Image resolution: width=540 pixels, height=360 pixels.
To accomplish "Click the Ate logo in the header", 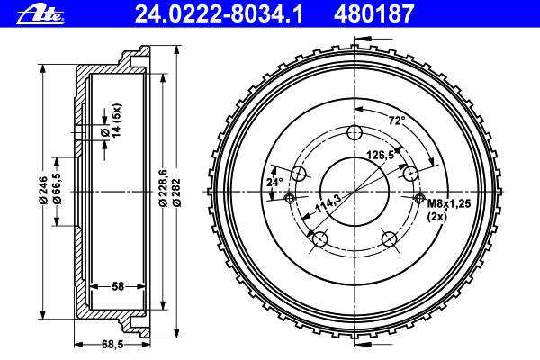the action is pos(40,14).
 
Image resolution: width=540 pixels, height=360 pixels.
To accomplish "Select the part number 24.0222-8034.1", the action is pos(219,14).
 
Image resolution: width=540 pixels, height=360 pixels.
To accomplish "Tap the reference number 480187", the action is pos(373,14).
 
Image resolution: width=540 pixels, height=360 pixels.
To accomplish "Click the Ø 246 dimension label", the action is pos(43,190).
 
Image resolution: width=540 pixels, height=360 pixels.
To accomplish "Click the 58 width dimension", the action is pos(117,286).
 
